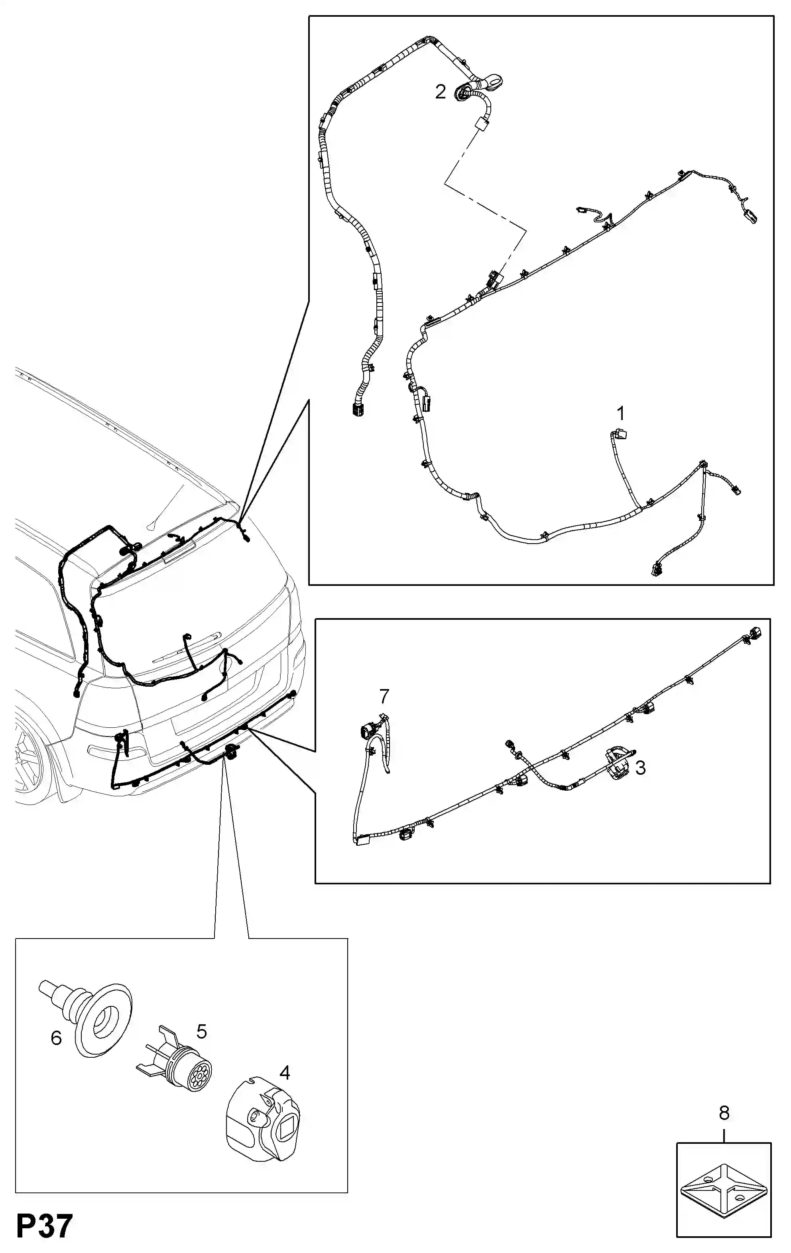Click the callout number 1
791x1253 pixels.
620,414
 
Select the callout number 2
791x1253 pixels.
440,92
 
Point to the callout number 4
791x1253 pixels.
285,1072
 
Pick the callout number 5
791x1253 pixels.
201,1031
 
